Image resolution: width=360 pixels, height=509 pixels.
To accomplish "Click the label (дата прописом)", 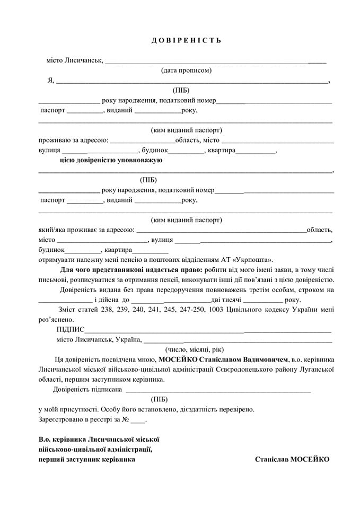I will [x=186, y=70].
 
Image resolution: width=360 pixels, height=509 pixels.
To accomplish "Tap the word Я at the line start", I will [x=50, y=81].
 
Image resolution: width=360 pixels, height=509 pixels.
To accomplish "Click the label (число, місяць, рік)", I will [x=194, y=349].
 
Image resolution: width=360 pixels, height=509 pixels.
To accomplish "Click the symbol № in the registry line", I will [x=126, y=419].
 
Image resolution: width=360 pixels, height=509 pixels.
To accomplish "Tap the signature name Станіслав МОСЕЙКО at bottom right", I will [x=292, y=459].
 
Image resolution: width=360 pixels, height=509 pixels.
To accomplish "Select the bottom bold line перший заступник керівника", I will [x=86, y=459].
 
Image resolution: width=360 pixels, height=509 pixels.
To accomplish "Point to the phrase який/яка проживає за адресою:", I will [x=86, y=230].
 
